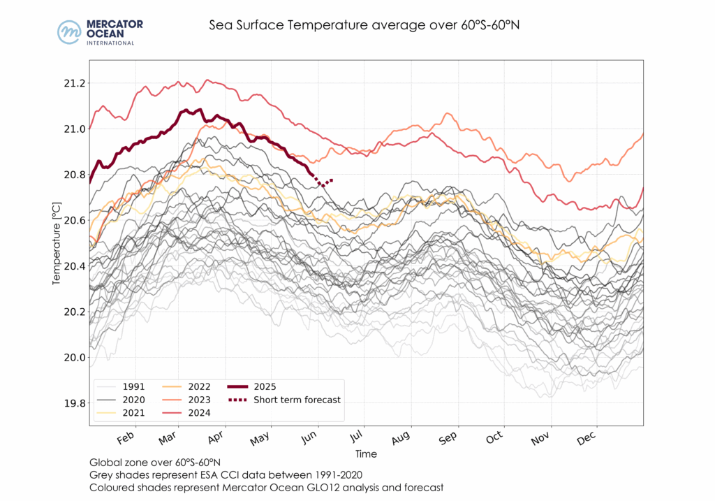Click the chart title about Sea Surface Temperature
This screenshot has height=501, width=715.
(365, 26)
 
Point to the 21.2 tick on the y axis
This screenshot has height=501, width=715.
(74, 83)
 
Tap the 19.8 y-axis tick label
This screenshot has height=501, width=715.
(74, 403)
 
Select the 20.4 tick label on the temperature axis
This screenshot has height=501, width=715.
(74, 266)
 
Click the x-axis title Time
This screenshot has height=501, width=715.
(366, 454)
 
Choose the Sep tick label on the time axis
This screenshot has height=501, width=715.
(448, 438)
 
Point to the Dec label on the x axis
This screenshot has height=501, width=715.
(587, 438)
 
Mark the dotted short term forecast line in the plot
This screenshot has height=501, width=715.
(324, 183)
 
